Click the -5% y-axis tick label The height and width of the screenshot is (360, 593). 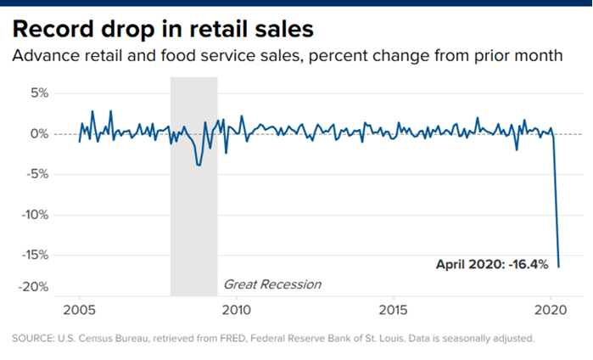pyautogui.click(x=36, y=174)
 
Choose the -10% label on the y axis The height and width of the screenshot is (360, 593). pyautogui.click(x=33, y=215)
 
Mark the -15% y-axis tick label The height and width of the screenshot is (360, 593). pyautogui.click(x=33, y=255)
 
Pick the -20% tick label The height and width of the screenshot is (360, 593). pyautogui.click(x=33, y=288)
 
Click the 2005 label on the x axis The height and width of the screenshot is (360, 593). pyautogui.click(x=79, y=308)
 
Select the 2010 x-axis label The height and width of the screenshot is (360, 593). pyautogui.click(x=236, y=308)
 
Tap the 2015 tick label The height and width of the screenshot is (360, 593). pyautogui.click(x=394, y=308)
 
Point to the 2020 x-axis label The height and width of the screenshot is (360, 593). pyautogui.click(x=551, y=308)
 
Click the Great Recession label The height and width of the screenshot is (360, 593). pyautogui.click(x=271, y=284)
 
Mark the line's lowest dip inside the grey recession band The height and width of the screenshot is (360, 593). pyautogui.click(x=199, y=166)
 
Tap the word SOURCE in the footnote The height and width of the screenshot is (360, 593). pyautogui.click(x=33, y=339)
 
